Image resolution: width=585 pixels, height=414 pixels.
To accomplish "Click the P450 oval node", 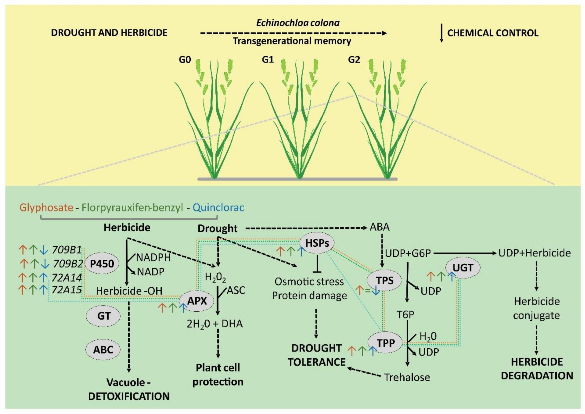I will pos(102,264).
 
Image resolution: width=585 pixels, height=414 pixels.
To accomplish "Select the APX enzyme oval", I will pos(197,301).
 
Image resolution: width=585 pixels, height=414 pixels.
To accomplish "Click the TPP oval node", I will pos(386,343).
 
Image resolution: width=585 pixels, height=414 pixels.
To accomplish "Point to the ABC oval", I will pos(103,349).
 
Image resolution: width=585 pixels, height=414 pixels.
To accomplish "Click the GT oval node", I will pos(104,316).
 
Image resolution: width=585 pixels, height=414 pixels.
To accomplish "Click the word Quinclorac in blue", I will pos(218,207).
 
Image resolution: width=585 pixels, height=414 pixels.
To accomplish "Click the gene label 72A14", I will pos(67,277).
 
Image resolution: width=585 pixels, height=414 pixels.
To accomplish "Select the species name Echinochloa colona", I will pos(298,23).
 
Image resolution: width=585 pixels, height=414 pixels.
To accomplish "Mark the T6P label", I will pos(405,315).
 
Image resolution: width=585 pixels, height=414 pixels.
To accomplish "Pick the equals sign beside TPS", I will pos(367,291).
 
